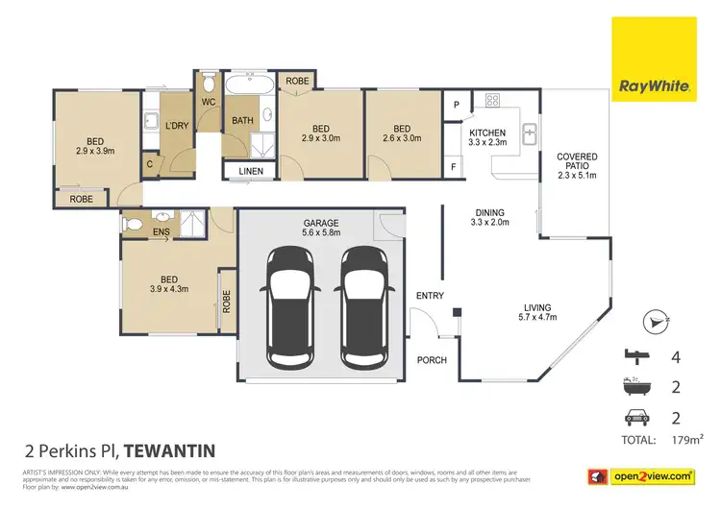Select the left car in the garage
point(291,307)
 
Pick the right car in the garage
point(364,307)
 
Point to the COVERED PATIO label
point(577,165)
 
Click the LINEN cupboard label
point(250,172)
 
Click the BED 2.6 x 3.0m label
point(402,134)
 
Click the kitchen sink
point(529,134)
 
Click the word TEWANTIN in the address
point(168,449)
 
